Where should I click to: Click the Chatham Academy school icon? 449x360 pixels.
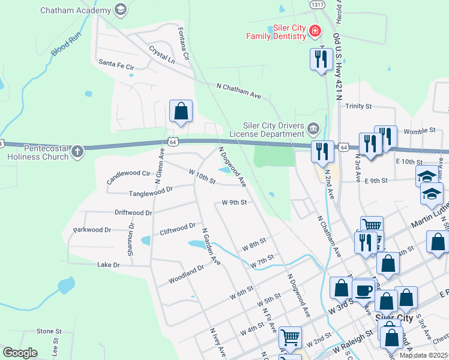121,10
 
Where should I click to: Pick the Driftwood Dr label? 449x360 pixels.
133,212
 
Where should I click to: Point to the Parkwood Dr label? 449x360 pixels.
92,230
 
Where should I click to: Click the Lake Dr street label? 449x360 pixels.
109,265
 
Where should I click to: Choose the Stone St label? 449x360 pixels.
49,331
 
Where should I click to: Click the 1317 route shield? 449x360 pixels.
318,5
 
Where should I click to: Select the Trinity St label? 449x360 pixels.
359,106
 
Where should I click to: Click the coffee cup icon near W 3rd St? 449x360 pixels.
363,290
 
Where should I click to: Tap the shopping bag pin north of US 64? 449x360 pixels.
181,112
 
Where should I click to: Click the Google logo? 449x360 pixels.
20,353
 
